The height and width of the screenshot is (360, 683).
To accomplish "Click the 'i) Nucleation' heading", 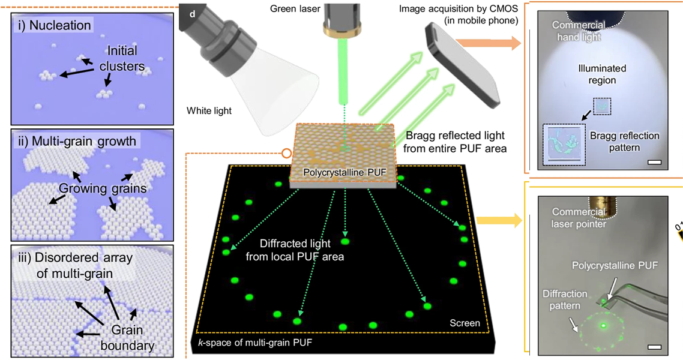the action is pos(55,25).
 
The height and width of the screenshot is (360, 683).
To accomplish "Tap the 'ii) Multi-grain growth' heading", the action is pos(77,142).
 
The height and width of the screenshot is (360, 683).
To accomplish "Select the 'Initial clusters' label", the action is pos(122,58).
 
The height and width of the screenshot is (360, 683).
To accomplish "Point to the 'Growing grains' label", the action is pos(103,188).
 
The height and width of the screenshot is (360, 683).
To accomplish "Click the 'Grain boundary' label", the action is pos(127,338).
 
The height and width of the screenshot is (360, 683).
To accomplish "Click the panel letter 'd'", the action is pos(192,14).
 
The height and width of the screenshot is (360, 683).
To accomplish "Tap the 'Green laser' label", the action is pos(295,9).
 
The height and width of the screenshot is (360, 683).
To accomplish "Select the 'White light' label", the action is pos(209,110).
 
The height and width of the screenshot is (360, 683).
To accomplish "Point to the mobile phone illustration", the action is pos(463,66).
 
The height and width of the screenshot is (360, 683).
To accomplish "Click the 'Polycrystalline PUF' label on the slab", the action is pos(345,172).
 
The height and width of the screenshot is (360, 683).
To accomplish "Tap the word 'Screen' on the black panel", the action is pos(465,323).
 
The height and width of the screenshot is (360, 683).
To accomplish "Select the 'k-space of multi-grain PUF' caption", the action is pos(255,343).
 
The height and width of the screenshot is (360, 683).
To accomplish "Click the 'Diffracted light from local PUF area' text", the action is pos(295,250).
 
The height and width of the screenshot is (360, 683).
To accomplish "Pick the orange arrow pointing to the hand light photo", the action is pos(489,43).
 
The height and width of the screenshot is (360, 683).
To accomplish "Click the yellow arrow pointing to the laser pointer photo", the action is pos(499,220).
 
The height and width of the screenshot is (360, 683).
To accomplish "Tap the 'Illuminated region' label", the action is pos(602,74).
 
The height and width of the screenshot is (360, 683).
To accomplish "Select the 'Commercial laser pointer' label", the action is pos(579,218).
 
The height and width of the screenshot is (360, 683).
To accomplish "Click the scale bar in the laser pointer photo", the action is pos(654,347).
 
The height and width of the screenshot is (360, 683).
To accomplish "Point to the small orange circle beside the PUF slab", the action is pos(286,153).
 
